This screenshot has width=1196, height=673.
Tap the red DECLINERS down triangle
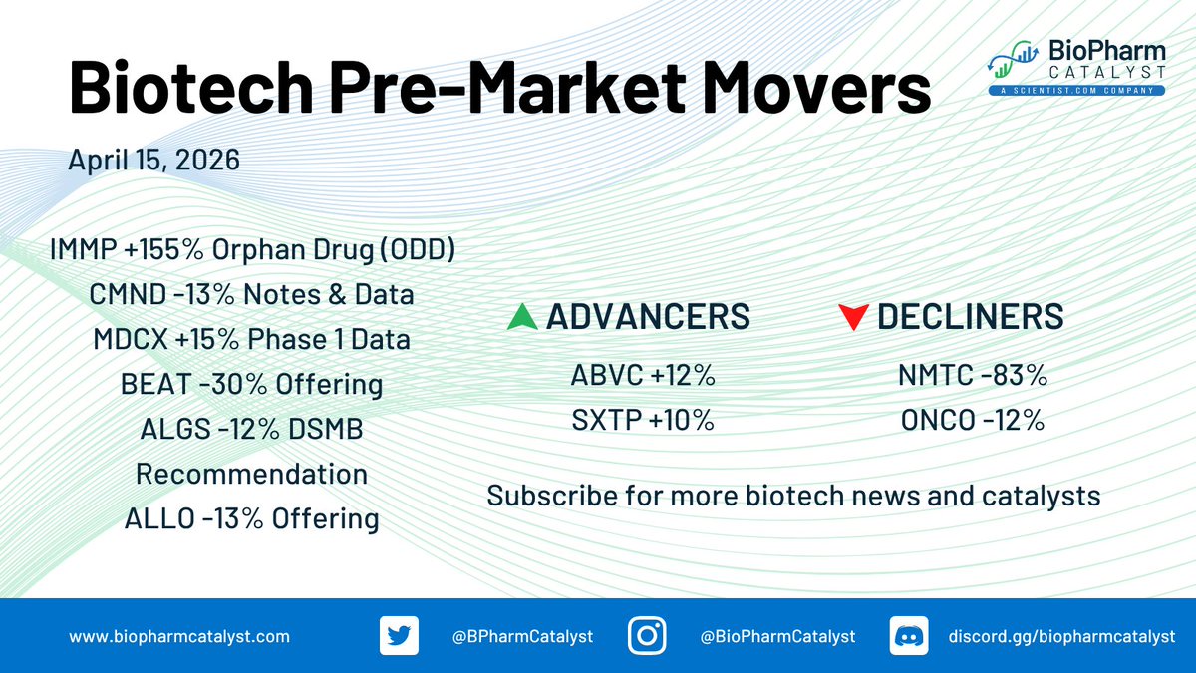pos(853,317)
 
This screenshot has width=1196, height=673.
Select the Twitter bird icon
pos(399,636)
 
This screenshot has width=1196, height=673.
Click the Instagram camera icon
pos(647,636)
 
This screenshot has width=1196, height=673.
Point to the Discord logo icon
pos(909,636)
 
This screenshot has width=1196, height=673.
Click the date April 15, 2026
pos(153,160)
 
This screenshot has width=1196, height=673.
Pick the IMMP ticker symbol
pos(84,249)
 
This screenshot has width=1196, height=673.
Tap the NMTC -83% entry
pos(973,375)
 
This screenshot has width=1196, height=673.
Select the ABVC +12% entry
pos(643,375)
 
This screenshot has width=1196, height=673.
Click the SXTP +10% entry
pos(643,420)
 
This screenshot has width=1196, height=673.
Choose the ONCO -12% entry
pos(973,420)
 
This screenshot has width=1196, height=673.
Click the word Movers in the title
pos(817,87)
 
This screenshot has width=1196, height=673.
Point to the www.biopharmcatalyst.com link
pos(179,637)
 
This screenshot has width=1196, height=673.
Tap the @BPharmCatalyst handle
pos(522,637)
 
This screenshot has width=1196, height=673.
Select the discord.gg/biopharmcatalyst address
pos(1062,637)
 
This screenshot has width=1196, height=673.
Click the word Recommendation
pos(251,474)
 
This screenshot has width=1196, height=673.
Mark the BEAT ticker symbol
pos(155,384)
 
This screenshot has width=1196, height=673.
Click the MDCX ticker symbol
pos(131,339)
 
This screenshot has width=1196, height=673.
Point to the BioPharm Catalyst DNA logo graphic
pos(1013,60)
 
